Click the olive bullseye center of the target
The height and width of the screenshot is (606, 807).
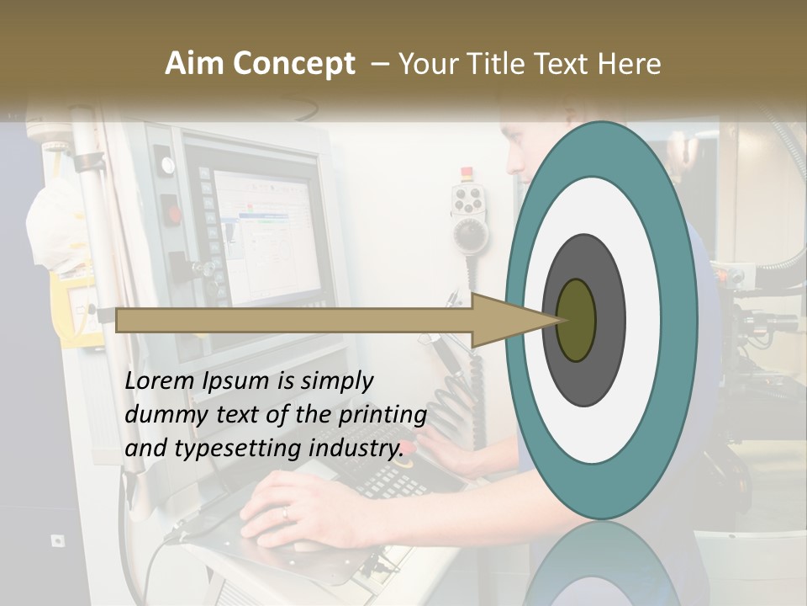[576, 320]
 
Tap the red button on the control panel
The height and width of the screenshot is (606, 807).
[171, 213]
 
